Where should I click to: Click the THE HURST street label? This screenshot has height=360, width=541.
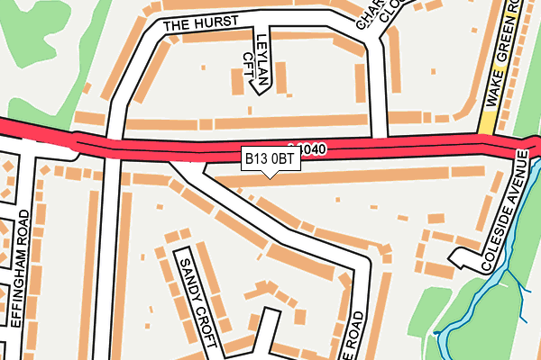[199, 24]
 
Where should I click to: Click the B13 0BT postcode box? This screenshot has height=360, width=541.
[270, 158]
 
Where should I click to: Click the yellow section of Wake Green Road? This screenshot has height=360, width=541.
[488, 118]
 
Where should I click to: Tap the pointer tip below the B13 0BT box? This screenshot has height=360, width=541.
[270, 175]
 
